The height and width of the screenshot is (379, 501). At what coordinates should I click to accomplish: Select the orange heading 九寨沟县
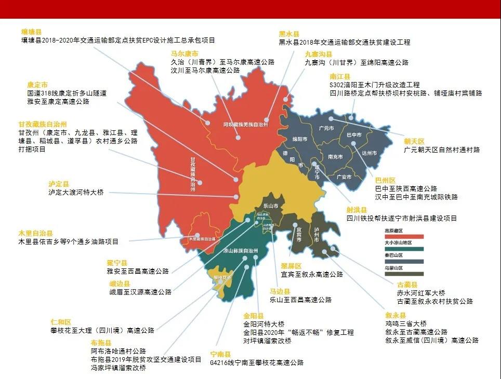pyautogui.click(x=318, y=54)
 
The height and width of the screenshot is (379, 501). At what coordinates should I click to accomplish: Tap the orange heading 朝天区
pyautogui.click(x=415, y=141)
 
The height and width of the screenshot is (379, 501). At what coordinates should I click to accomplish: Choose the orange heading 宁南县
pyautogui.click(x=221, y=355)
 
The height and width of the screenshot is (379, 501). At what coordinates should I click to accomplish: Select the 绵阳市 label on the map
pyautogui.click(x=300, y=139)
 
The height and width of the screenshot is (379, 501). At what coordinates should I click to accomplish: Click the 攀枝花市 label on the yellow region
pyautogui.click(x=222, y=277)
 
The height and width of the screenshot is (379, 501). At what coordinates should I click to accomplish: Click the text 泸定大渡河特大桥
pyautogui.click(x=76, y=193)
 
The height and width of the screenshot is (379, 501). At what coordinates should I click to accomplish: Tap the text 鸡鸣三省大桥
pyautogui.click(x=410, y=323)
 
